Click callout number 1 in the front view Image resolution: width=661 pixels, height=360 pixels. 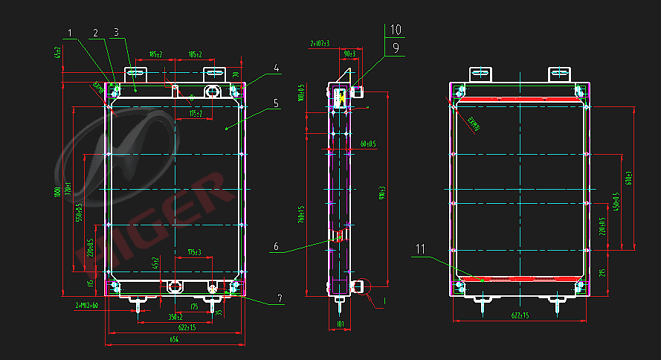point(71,33)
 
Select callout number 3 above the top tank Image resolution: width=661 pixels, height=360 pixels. point(117,33)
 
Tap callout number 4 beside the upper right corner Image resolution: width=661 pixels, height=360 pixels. point(276,68)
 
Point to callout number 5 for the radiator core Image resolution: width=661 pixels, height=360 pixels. point(276,103)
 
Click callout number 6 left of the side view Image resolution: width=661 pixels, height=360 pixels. point(275,246)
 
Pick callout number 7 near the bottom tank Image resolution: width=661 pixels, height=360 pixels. point(280,298)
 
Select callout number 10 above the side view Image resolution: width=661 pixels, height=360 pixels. point(395,30)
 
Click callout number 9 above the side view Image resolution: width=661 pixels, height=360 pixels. point(395,47)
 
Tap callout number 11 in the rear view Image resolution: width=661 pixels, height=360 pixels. point(421,249)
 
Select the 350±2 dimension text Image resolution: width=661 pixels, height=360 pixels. point(175,317)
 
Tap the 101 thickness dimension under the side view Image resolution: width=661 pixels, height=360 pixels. point(340,324)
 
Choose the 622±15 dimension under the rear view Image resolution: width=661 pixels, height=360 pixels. point(520,316)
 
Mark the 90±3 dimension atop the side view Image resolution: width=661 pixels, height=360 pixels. point(350,54)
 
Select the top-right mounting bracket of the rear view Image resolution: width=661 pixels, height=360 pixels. point(560,73)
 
